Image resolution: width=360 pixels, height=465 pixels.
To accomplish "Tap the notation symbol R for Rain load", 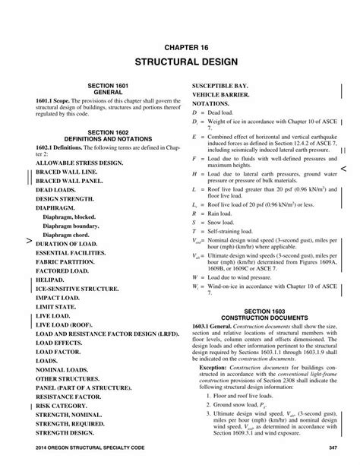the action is [195, 215].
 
